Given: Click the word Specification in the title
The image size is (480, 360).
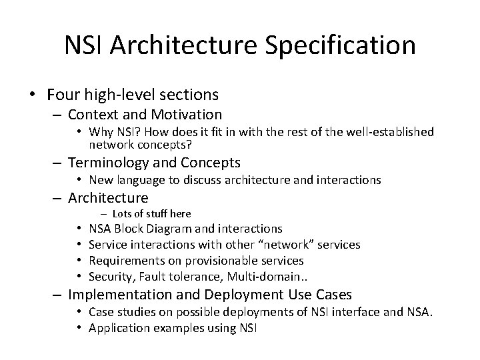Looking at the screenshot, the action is pyautogui.click(x=340, y=45).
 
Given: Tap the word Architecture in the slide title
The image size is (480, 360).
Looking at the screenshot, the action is pyautogui.click(x=184, y=45).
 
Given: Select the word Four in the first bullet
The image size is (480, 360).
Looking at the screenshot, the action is pyautogui.click(x=63, y=94).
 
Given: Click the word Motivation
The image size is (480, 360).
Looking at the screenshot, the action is pyautogui.click(x=187, y=115).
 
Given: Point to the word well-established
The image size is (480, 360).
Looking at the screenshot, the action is pyautogui.click(x=390, y=132).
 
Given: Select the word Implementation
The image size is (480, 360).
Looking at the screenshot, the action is pyautogui.click(x=120, y=295).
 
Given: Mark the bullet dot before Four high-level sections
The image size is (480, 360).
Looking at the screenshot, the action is pyautogui.click(x=33, y=94).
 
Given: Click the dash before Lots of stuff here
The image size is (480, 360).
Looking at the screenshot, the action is pyautogui.click(x=103, y=214).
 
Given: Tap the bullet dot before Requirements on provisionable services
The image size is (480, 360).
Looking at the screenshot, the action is pyautogui.click(x=79, y=261).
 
